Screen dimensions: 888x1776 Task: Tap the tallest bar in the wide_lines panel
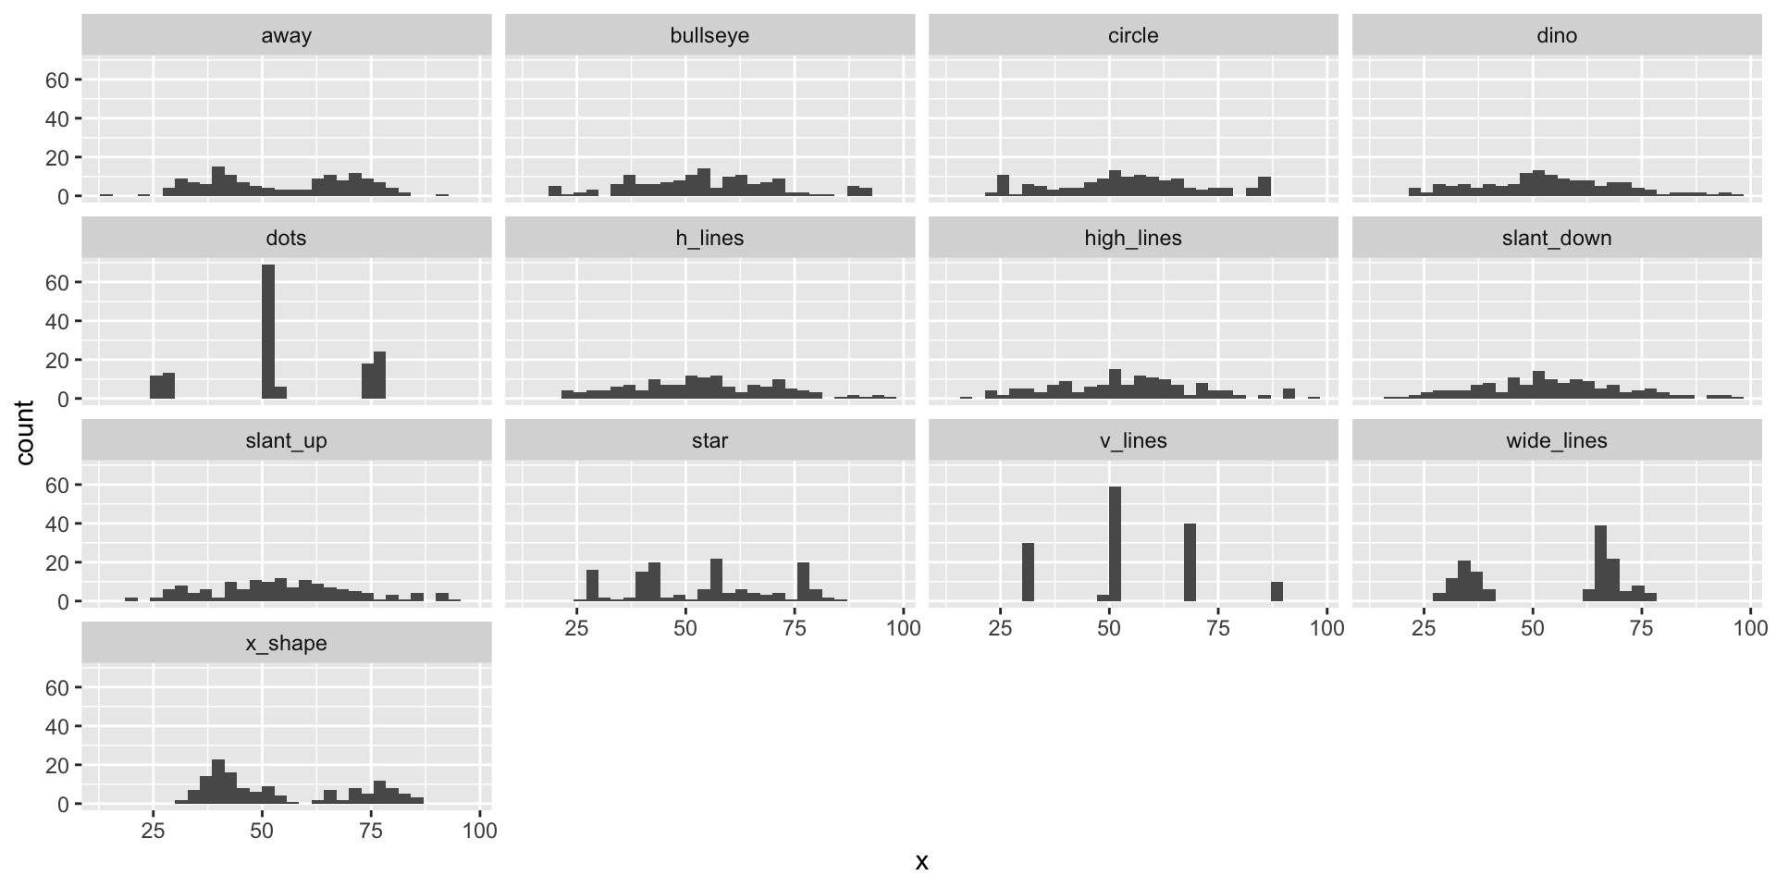pos(1600,563)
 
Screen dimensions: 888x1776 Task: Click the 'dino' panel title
pos(1556,36)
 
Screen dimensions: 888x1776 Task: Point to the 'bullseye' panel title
pos(709,36)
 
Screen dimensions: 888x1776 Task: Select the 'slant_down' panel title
pos(1556,239)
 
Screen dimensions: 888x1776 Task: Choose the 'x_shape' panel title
pos(286,644)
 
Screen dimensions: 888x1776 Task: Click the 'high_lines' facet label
pos(1132,239)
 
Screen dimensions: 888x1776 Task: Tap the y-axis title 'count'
pos(25,433)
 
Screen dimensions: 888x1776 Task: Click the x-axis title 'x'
pos(921,862)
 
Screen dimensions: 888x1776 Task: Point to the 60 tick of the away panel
pos(57,80)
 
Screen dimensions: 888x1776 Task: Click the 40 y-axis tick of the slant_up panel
pos(57,524)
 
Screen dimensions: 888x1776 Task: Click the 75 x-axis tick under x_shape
pos(371,831)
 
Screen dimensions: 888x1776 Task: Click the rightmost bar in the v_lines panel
pos(1276,592)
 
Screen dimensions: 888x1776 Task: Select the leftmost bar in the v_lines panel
pos(1027,573)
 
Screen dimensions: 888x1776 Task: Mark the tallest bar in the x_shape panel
pos(218,783)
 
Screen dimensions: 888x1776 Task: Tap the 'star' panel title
pos(709,441)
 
